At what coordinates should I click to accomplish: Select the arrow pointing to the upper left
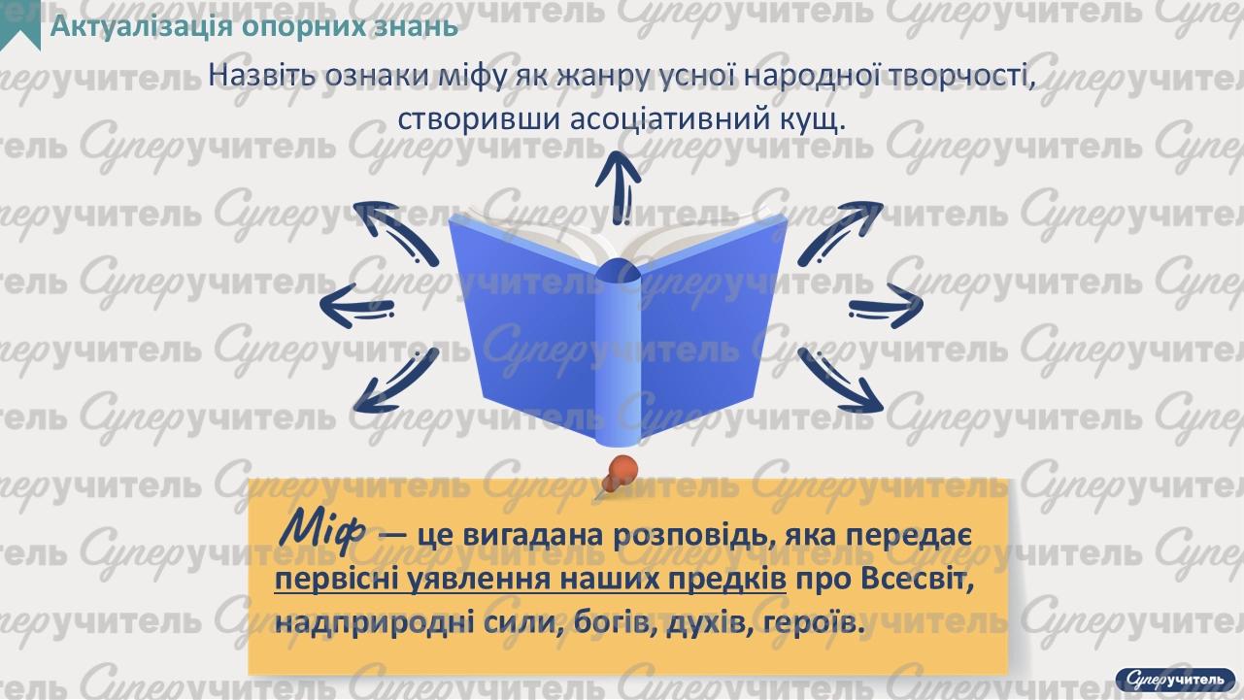point(392,233)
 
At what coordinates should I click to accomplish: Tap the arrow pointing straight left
point(359,307)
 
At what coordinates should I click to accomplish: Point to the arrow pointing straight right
point(884,307)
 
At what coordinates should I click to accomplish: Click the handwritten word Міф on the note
point(320,529)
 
